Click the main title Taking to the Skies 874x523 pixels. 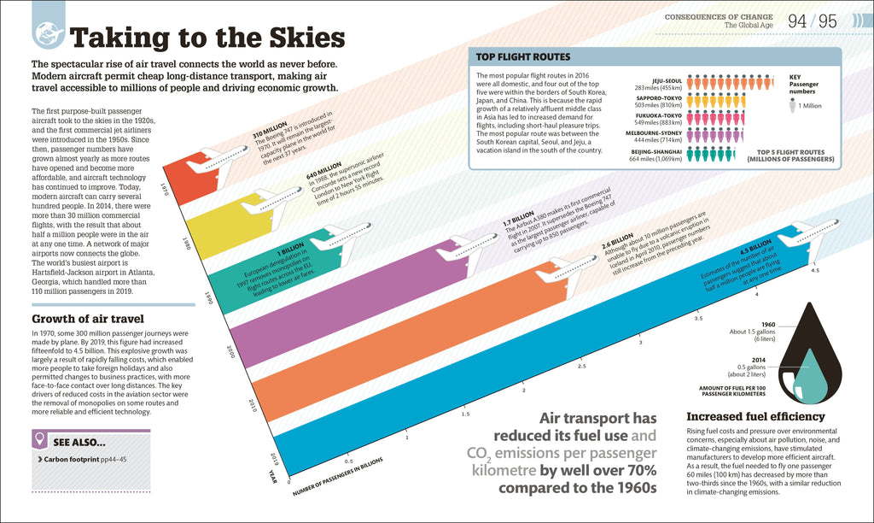click(207, 38)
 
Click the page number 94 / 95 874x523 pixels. click(812, 21)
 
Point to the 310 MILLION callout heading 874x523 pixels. click(269, 132)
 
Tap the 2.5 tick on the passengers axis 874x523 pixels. click(581, 366)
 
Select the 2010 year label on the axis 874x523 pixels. click(252, 404)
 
